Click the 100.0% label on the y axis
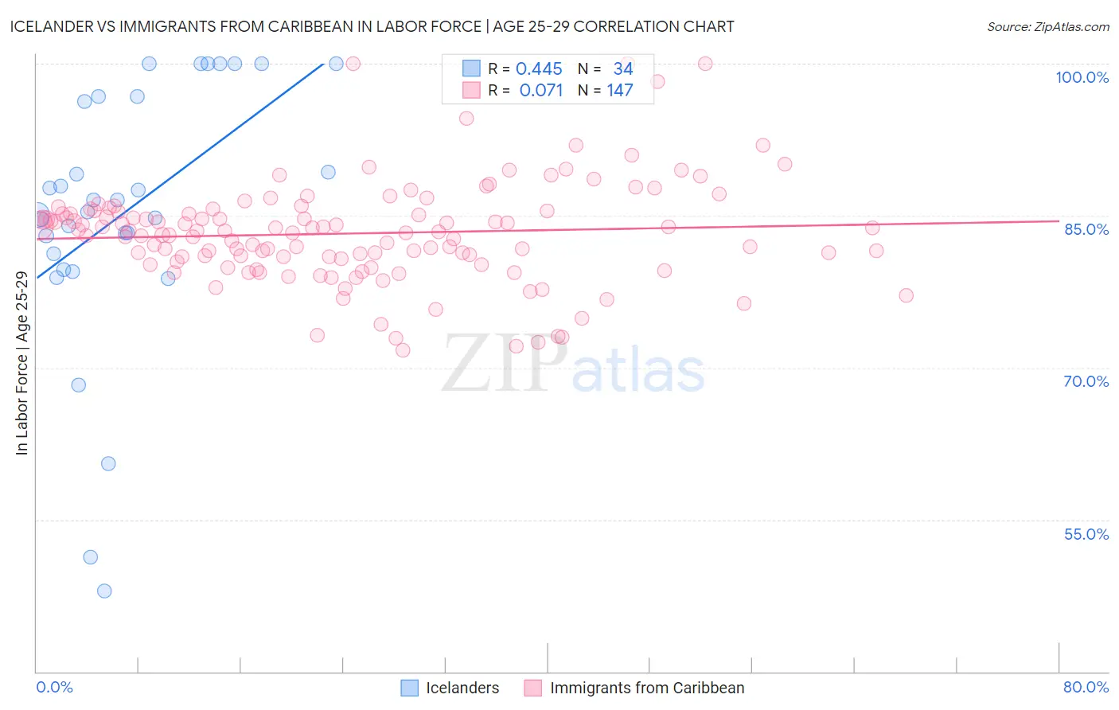pyautogui.click(x=1082, y=77)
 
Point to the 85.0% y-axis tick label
pyautogui.click(x=1086, y=229)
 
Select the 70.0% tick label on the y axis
pyautogui.click(x=1086, y=381)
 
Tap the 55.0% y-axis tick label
pyautogui.click(x=1086, y=534)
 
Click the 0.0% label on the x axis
pyautogui.click(x=54, y=687)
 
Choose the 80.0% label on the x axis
pyautogui.click(x=1086, y=687)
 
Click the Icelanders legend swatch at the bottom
pyautogui.click(x=409, y=688)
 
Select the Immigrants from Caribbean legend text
pyautogui.click(x=647, y=688)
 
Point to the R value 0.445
pyautogui.click(x=539, y=69)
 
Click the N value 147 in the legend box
pyautogui.click(x=620, y=91)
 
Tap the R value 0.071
pyautogui.click(x=541, y=91)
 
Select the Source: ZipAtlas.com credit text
pyautogui.click(x=1047, y=27)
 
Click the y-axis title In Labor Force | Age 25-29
pyautogui.click(x=22, y=363)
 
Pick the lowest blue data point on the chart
pyautogui.click(x=104, y=591)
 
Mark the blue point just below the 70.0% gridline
pyautogui.click(x=78, y=385)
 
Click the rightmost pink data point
pyautogui.click(x=906, y=295)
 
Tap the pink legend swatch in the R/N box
pyautogui.click(x=471, y=91)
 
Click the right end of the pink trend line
pyautogui.click(x=1059, y=220)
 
